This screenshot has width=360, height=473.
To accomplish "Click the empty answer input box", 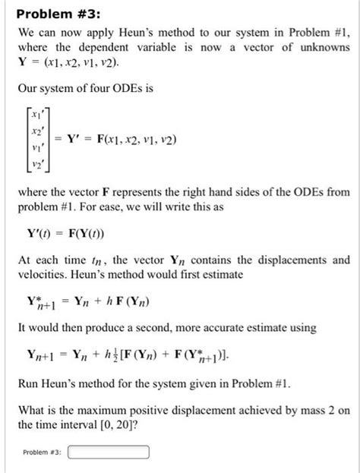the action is point(109,454).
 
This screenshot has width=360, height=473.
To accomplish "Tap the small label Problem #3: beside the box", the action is point(43,454).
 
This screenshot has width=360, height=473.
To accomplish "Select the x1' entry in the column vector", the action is point(35,115).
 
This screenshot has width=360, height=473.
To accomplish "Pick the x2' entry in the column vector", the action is point(35,131).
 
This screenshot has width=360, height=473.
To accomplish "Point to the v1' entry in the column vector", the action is point(35,148).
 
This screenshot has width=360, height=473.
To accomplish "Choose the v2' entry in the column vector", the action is point(35,165).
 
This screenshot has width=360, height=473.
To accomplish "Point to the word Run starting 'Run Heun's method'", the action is point(29,383).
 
